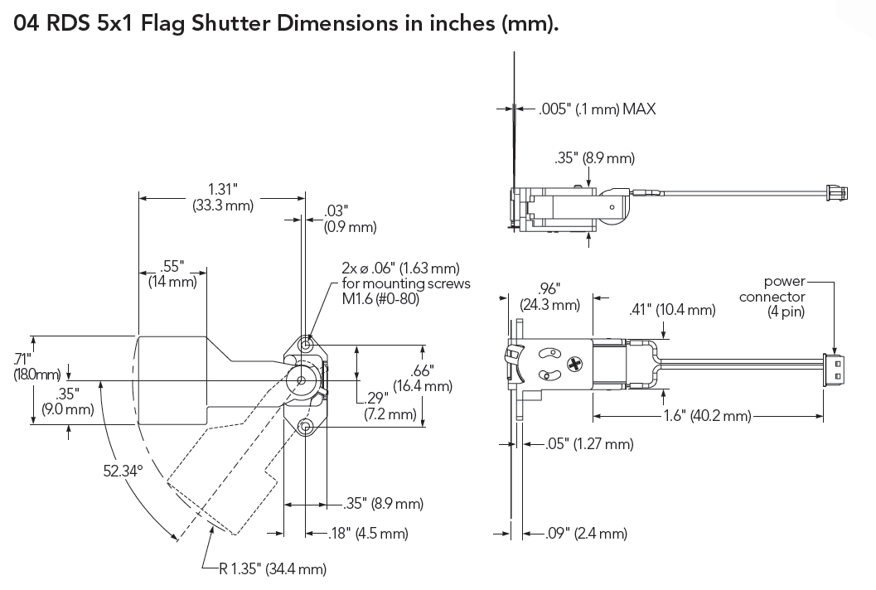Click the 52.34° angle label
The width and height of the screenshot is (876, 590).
pyautogui.click(x=123, y=470)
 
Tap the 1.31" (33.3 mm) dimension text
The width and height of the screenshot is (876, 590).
pyautogui.click(x=222, y=196)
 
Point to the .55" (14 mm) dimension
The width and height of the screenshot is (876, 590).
pyautogui.click(x=172, y=273)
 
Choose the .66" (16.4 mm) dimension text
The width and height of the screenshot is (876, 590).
pyautogui.click(x=423, y=378)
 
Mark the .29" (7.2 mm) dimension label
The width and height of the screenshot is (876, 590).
pyautogui.click(x=390, y=406)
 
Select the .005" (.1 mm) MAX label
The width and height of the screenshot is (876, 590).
pyautogui.click(x=597, y=109)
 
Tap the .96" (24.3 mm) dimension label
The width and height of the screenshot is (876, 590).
pyautogui.click(x=549, y=296)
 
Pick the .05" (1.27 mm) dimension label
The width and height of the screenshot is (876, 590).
pyautogui.click(x=590, y=444)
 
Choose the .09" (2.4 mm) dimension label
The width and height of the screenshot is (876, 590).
pyautogui.click(x=587, y=534)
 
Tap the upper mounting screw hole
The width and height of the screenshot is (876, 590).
pyautogui.click(x=307, y=342)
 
